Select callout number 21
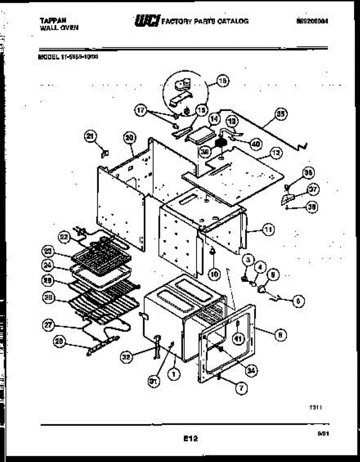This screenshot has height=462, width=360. click(x=91, y=136)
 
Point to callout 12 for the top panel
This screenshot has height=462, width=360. click(x=276, y=153)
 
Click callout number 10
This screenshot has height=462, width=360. click(x=214, y=274)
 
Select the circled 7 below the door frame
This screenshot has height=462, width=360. click(x=241, y=388)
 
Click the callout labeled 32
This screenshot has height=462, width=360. click(x=126, y=357)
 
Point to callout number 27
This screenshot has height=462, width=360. click(x=48, y=326)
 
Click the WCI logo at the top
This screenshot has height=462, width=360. click(x=146, y=21)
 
